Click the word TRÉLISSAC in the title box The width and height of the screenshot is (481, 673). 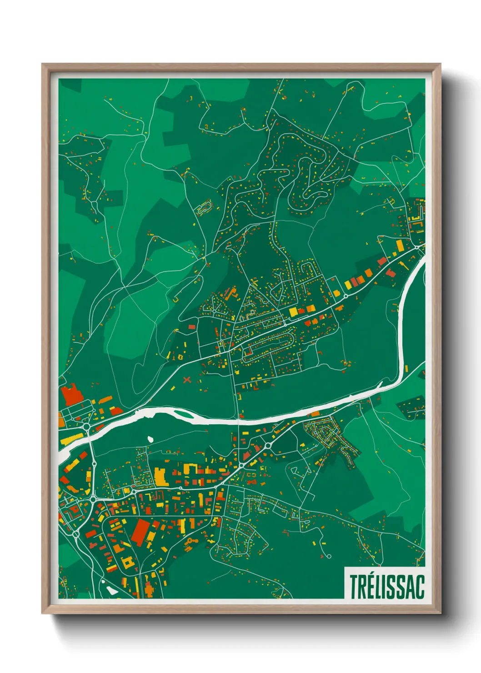point(386,587)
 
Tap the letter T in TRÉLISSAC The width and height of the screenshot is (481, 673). point(353,587)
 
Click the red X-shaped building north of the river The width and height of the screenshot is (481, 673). point(186,379)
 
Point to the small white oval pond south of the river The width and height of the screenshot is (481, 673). point(150,439)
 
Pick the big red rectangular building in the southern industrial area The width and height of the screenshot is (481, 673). point(140,531)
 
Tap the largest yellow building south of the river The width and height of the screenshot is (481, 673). point(160,476)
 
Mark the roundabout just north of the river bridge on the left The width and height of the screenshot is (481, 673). point(86,427)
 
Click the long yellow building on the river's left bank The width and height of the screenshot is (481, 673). point(71,439)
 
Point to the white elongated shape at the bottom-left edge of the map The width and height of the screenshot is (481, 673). point(110,591)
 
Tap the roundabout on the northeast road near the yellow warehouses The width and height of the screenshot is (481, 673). point(345,296)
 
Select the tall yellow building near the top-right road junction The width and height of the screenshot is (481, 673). point(400,246)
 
